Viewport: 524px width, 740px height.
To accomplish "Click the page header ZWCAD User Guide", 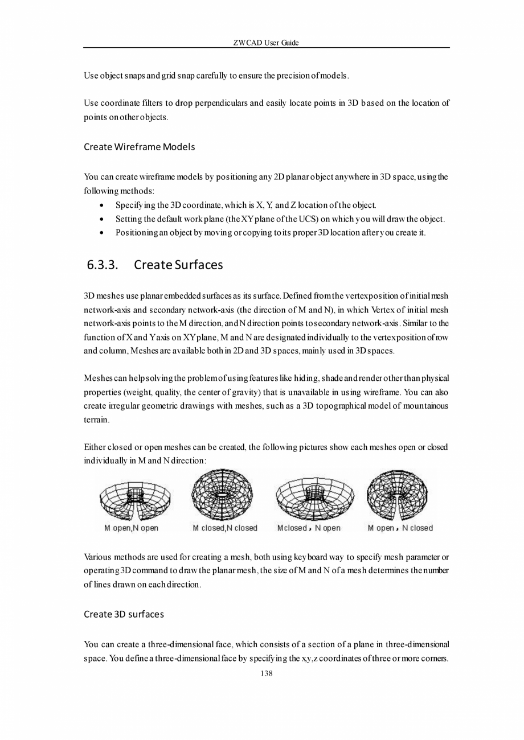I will click(266, 43).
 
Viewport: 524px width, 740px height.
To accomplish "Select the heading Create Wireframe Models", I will click(140, 147).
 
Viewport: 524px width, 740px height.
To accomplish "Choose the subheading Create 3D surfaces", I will click(124, 614).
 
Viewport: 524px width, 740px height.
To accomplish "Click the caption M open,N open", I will click(131, 528).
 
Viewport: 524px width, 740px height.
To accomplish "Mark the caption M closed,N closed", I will click(225, 528).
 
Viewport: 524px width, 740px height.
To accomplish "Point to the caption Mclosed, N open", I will click(309, 528).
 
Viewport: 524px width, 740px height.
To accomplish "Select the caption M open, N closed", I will click(400, 528).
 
